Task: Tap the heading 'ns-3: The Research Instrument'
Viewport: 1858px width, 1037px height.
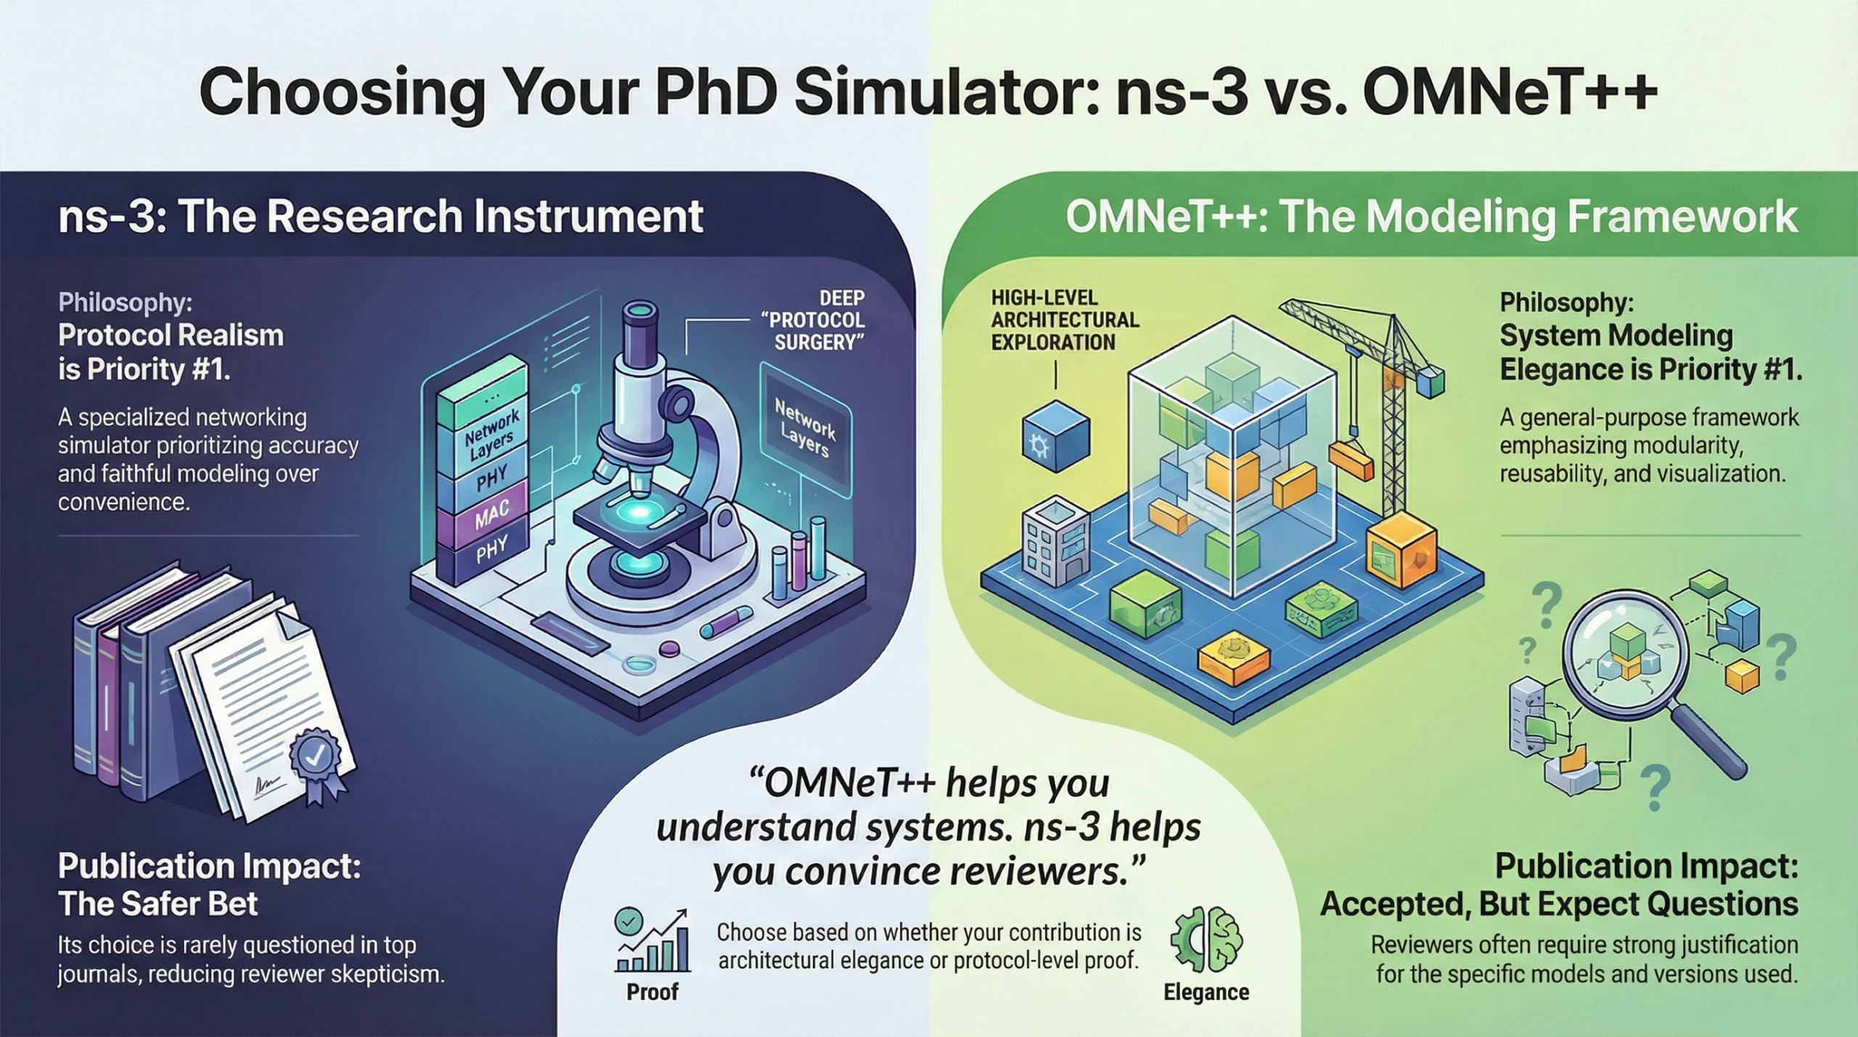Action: [x=380, y=216]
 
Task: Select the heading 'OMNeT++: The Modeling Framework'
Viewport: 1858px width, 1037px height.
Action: [x=1431, y=216]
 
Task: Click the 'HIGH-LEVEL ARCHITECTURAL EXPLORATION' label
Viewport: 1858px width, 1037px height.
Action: [x=1065, y=320]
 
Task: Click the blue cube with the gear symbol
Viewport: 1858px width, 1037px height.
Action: [x=1055, y=437]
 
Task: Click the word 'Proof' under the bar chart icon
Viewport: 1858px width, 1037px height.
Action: [x=652, y=991]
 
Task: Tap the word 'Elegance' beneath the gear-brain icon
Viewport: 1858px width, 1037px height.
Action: [x=1206, y=991]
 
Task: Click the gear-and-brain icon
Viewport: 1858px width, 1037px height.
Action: [x=1206, y=940]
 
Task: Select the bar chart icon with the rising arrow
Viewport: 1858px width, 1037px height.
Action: [x=651, y=940]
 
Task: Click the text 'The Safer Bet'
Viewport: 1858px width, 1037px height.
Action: [x=158, y=904]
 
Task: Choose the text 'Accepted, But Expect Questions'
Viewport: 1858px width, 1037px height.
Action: [x=1559, y=904]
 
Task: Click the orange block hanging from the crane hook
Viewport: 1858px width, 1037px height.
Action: [x=1351, y=462]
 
